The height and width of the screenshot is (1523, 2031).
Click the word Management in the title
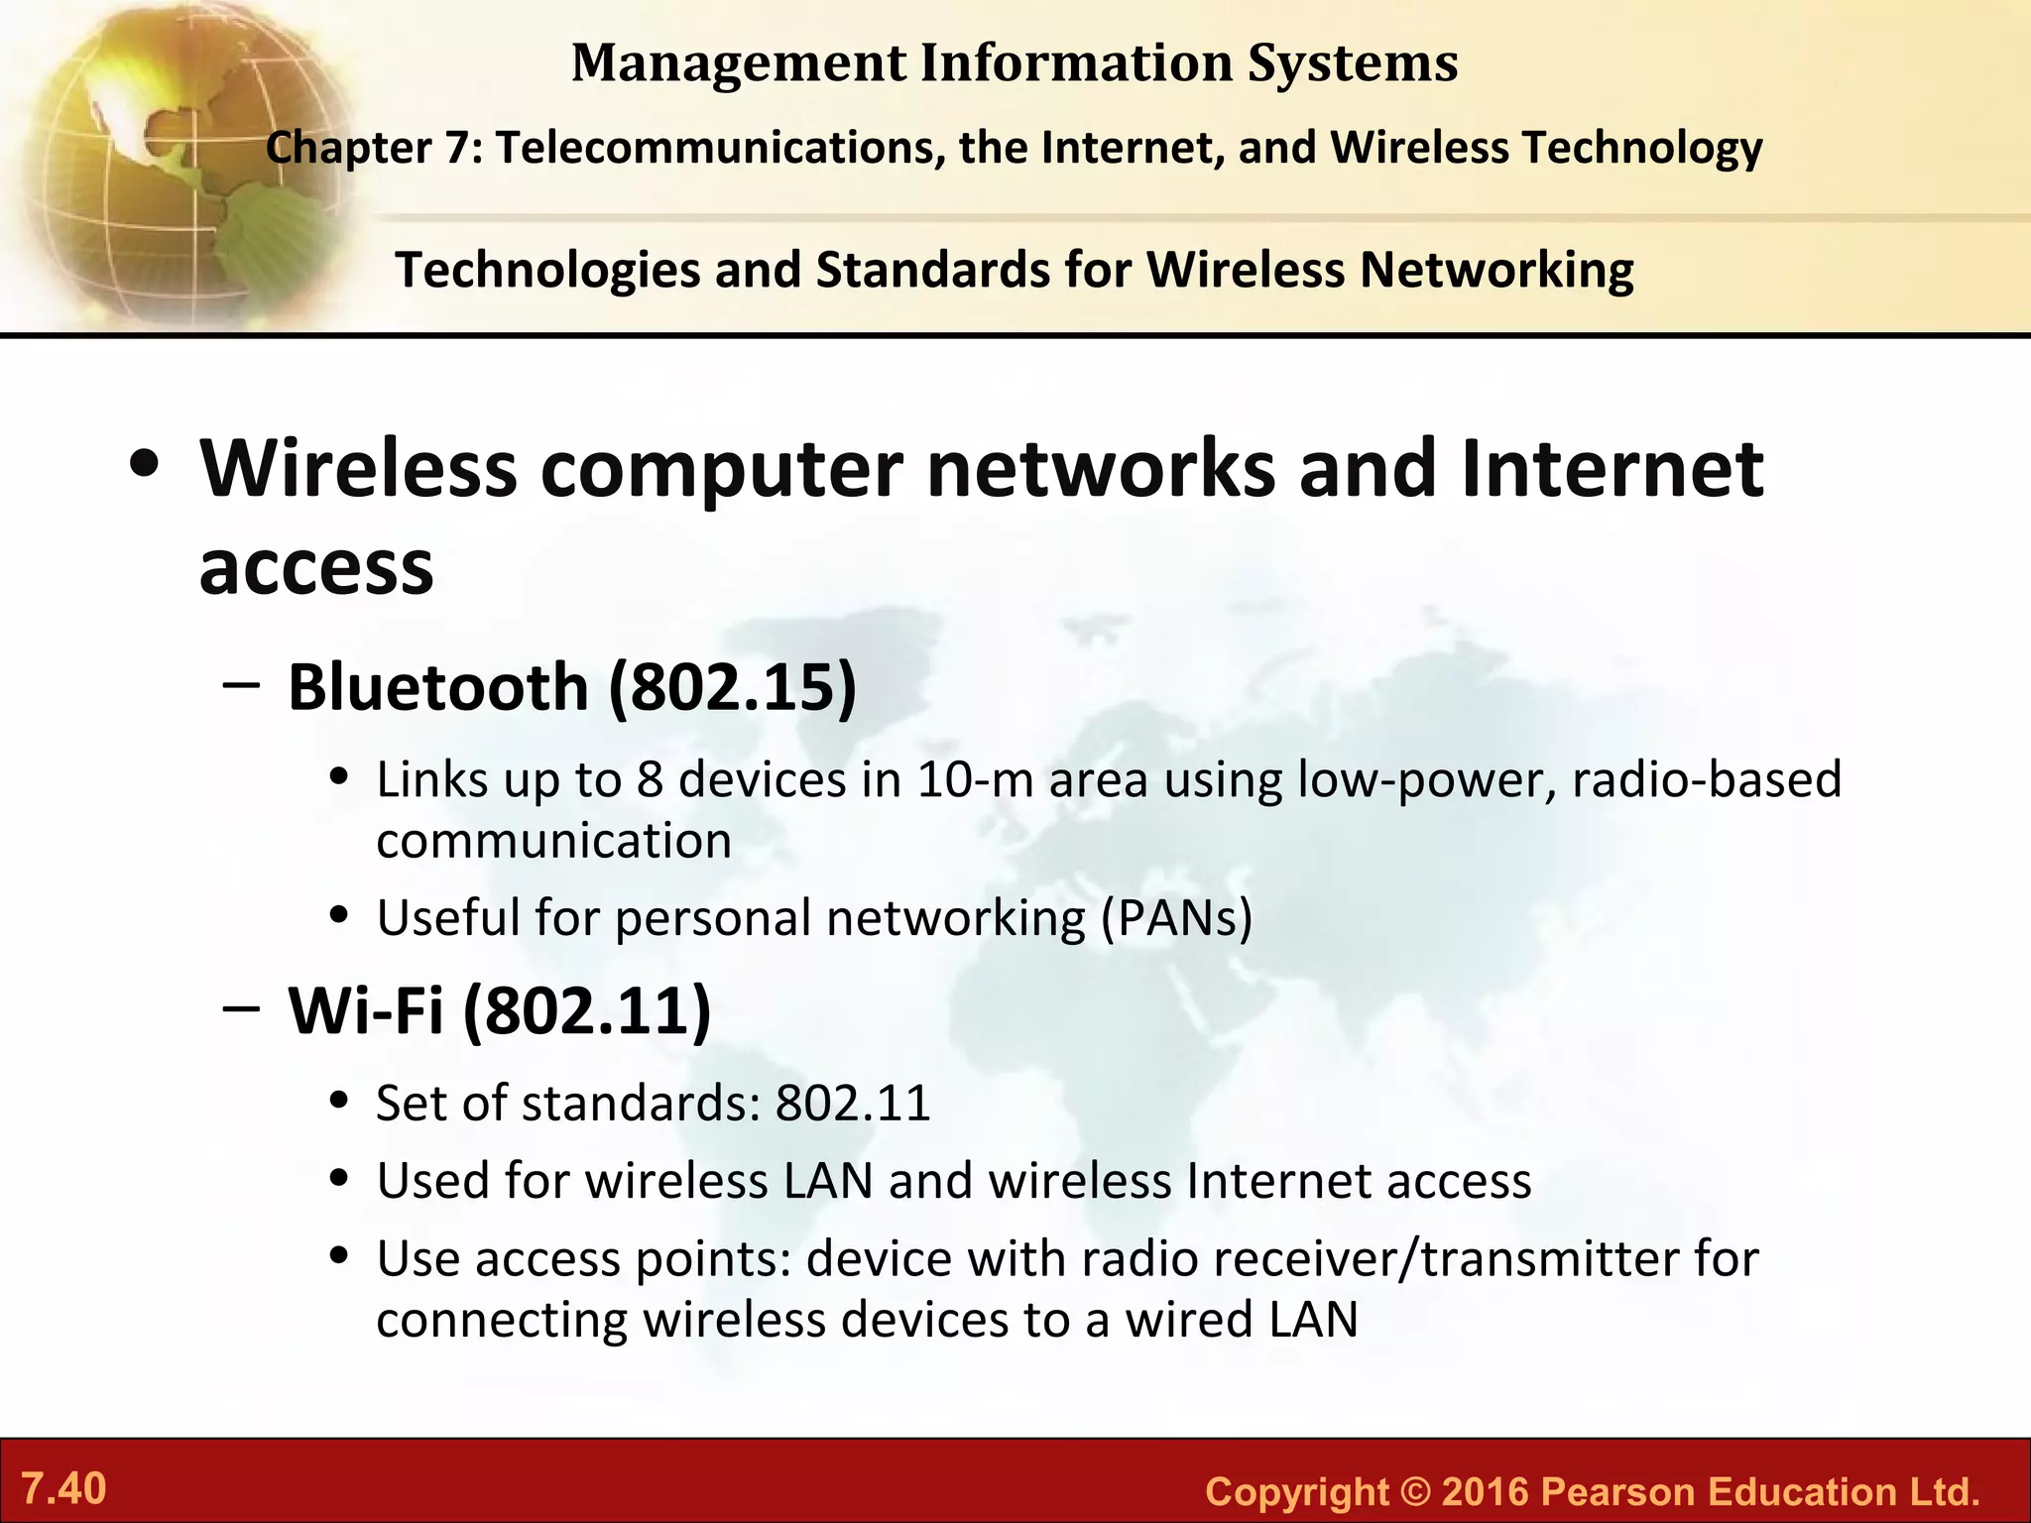738,63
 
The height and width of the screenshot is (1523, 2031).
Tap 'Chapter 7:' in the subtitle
374,148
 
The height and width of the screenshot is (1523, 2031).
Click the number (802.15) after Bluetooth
732,686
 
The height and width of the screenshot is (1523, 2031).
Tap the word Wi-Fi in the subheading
365,1010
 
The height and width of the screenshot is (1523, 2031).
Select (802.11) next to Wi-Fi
587,1010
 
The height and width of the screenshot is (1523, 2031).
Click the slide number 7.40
64,1489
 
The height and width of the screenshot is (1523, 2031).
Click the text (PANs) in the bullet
1177,918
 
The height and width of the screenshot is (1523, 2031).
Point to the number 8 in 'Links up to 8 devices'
650,780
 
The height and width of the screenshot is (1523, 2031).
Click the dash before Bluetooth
242,683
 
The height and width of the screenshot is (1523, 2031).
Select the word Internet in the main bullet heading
1612,468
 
